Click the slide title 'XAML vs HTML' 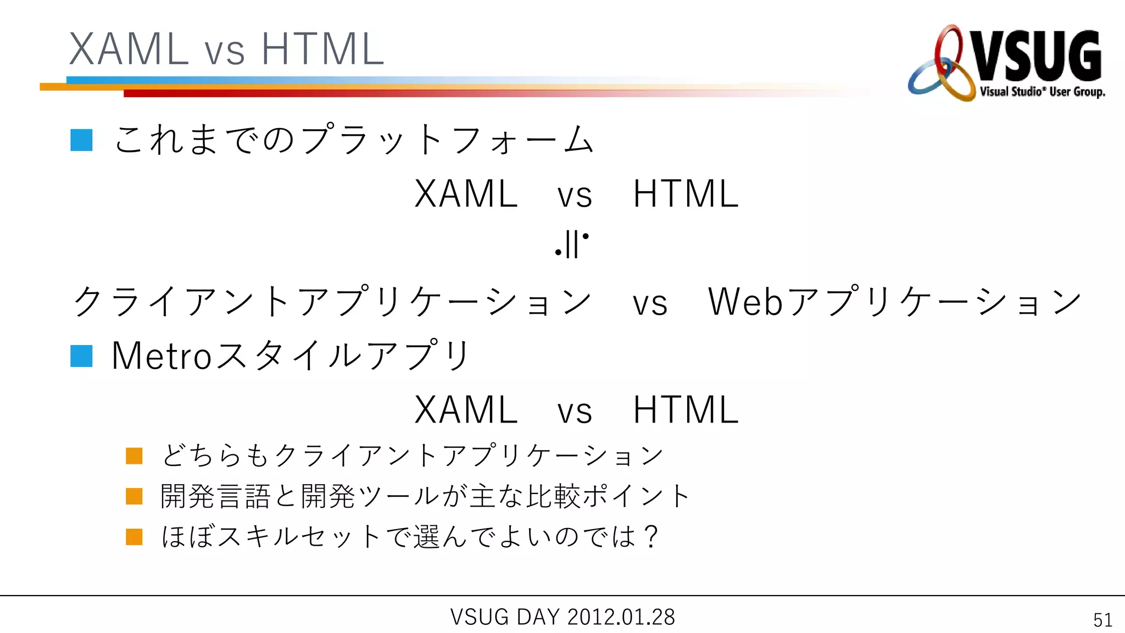[226, 49]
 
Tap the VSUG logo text [1037, 57]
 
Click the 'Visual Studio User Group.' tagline [1042, 92]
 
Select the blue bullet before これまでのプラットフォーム [81, 140]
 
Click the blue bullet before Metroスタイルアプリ [81, 356]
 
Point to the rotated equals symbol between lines [571, 244]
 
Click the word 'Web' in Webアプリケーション [745, 302]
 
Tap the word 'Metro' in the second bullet [161, 356]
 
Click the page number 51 [1102, 620]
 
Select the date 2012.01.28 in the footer [621, 617]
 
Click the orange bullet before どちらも [134, 456]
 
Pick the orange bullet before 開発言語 [134, 496]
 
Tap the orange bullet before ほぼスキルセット [134, 537]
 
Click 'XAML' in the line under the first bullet [466, 195]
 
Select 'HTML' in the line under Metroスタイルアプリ [686, 410]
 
